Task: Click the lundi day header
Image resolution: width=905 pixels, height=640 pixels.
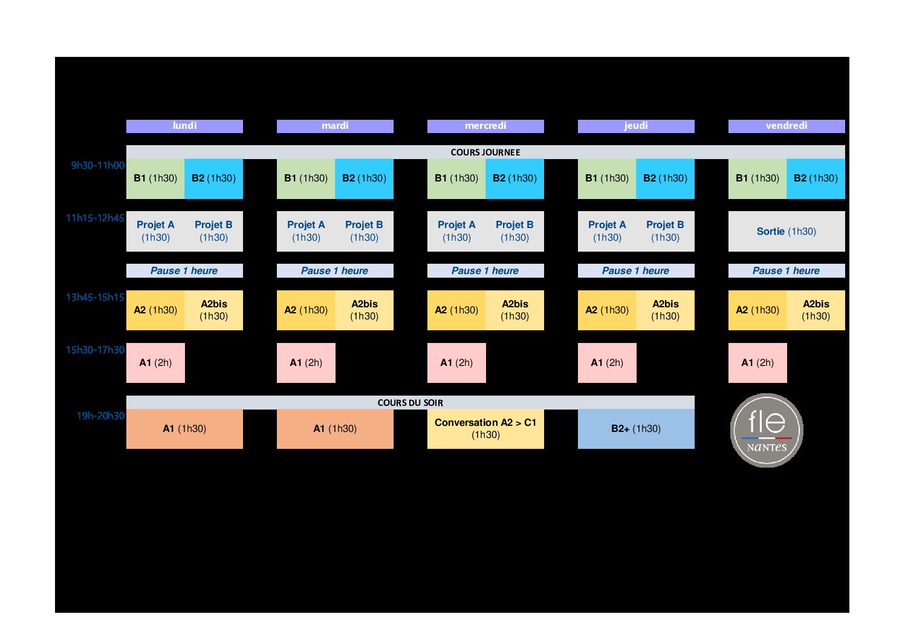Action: click(184, 126)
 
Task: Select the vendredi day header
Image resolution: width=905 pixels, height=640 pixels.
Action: click(786, 126)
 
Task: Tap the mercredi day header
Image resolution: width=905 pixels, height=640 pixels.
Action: click(485, 126)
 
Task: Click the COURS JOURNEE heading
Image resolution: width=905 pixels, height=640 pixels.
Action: click(485, 152)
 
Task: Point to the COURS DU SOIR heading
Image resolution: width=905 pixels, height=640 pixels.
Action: click(410, 403)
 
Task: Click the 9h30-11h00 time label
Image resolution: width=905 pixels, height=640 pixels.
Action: click(97, 165)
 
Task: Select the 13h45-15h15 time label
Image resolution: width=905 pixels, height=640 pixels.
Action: click(95, 297)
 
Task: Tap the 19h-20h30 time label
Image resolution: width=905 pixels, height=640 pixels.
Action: click(100, 416)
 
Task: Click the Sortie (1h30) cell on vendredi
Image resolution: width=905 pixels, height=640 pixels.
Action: click(786, 231)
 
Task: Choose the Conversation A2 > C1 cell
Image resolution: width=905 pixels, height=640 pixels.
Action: click(485, 428)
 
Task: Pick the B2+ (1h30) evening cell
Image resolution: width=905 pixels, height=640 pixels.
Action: click(635, 428)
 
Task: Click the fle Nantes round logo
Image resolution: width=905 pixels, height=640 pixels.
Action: click(766, 430)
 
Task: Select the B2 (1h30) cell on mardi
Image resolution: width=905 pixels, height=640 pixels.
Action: click(364, 178)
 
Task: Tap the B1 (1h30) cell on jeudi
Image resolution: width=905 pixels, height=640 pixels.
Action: click(606, 178)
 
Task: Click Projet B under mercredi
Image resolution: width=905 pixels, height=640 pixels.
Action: click(514, 231)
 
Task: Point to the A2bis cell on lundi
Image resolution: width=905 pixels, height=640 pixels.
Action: click(214, 310)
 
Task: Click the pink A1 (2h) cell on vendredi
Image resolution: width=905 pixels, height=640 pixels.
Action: click(757, 362)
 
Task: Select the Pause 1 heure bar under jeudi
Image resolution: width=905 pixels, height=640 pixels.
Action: click(635, 270)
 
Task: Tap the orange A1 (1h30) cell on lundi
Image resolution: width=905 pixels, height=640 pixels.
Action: click(184, 428)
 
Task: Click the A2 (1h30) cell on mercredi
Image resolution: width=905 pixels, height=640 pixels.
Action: click(456, 310)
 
